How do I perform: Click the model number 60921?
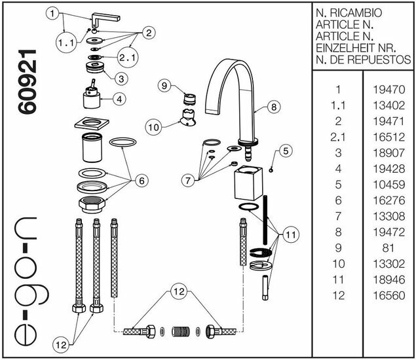(29, 88)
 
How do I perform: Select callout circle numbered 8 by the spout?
(274, 105)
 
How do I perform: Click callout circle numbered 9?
(164, 85)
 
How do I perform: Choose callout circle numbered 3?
(121, 78)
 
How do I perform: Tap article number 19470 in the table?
(390, 90)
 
